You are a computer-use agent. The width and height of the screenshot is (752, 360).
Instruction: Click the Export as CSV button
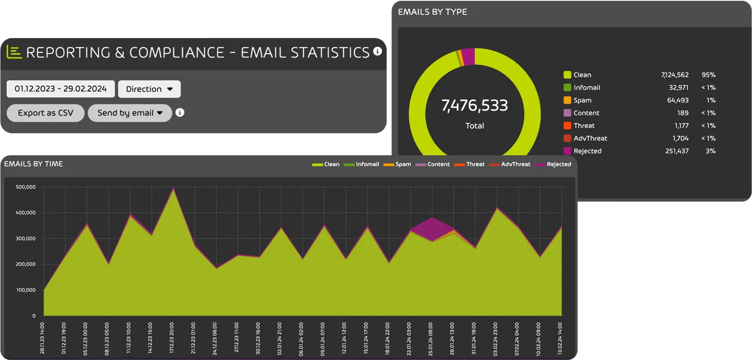(x=46, y=113)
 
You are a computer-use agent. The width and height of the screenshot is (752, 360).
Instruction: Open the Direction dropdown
(x=149, y=89)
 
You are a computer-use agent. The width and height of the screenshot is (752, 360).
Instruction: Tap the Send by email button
(x=130, y=113)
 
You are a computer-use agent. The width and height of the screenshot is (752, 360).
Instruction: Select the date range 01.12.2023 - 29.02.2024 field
(x=61, y=89)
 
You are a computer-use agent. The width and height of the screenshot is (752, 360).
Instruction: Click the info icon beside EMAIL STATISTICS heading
(x=377, y=51)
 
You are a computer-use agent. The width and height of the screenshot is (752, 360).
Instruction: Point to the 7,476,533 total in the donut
(x=475, y=105)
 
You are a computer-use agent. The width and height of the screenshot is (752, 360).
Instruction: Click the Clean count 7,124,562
(x=674, y=75)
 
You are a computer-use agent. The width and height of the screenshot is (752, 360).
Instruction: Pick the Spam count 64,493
(x=677, y=100)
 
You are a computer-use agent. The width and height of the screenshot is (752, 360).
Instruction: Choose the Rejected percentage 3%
(x=710, y=151)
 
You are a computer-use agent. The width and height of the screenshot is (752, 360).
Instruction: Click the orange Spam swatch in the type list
(x=567, y=100)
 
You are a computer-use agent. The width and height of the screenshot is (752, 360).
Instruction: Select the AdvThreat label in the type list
(x=590, y=138)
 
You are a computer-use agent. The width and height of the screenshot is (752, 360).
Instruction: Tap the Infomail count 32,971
(x=678, y=87)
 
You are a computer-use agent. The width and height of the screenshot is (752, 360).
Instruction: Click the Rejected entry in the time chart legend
(x=558, y=164)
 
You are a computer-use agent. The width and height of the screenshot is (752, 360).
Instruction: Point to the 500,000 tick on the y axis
(x=26, y=187)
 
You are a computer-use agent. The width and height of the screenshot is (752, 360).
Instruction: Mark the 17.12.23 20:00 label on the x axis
(x=172, y=338)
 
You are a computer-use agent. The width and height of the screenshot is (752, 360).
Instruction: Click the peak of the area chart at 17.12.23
(x=173, y=189)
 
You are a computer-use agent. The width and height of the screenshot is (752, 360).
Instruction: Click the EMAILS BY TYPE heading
(x=432, y=12)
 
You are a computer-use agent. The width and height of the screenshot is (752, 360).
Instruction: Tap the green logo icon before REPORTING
(x=14, y=52)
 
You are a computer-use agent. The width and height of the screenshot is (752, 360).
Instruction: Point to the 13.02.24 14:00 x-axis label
(x=560, y=338)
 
